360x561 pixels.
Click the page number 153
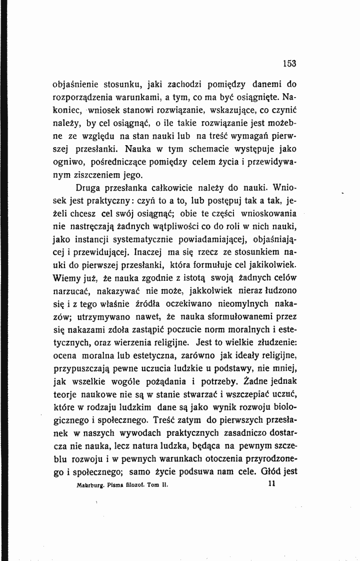click(289, 64)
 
